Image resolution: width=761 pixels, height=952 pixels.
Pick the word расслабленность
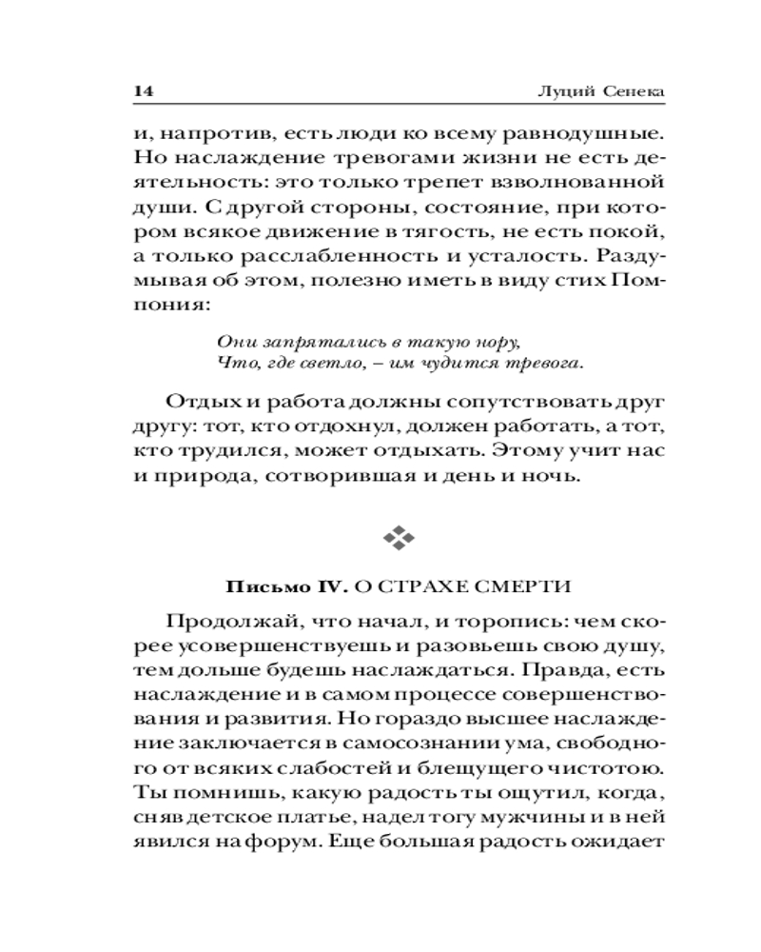[322, 257]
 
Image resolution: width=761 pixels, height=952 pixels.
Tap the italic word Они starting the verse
[234, 340]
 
